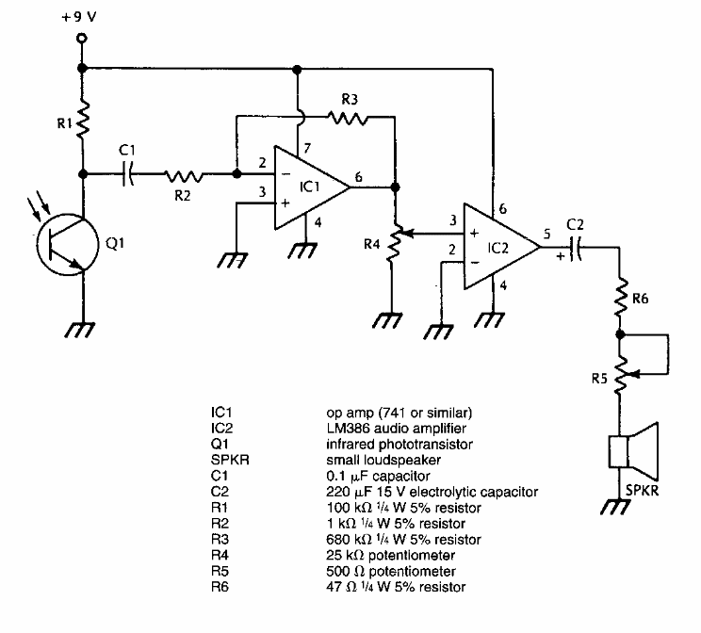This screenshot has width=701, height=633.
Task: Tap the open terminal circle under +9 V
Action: [82, 39]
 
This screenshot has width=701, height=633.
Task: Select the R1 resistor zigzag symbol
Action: [82, 120]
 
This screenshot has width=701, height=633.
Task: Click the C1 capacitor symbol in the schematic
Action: [130, 173]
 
